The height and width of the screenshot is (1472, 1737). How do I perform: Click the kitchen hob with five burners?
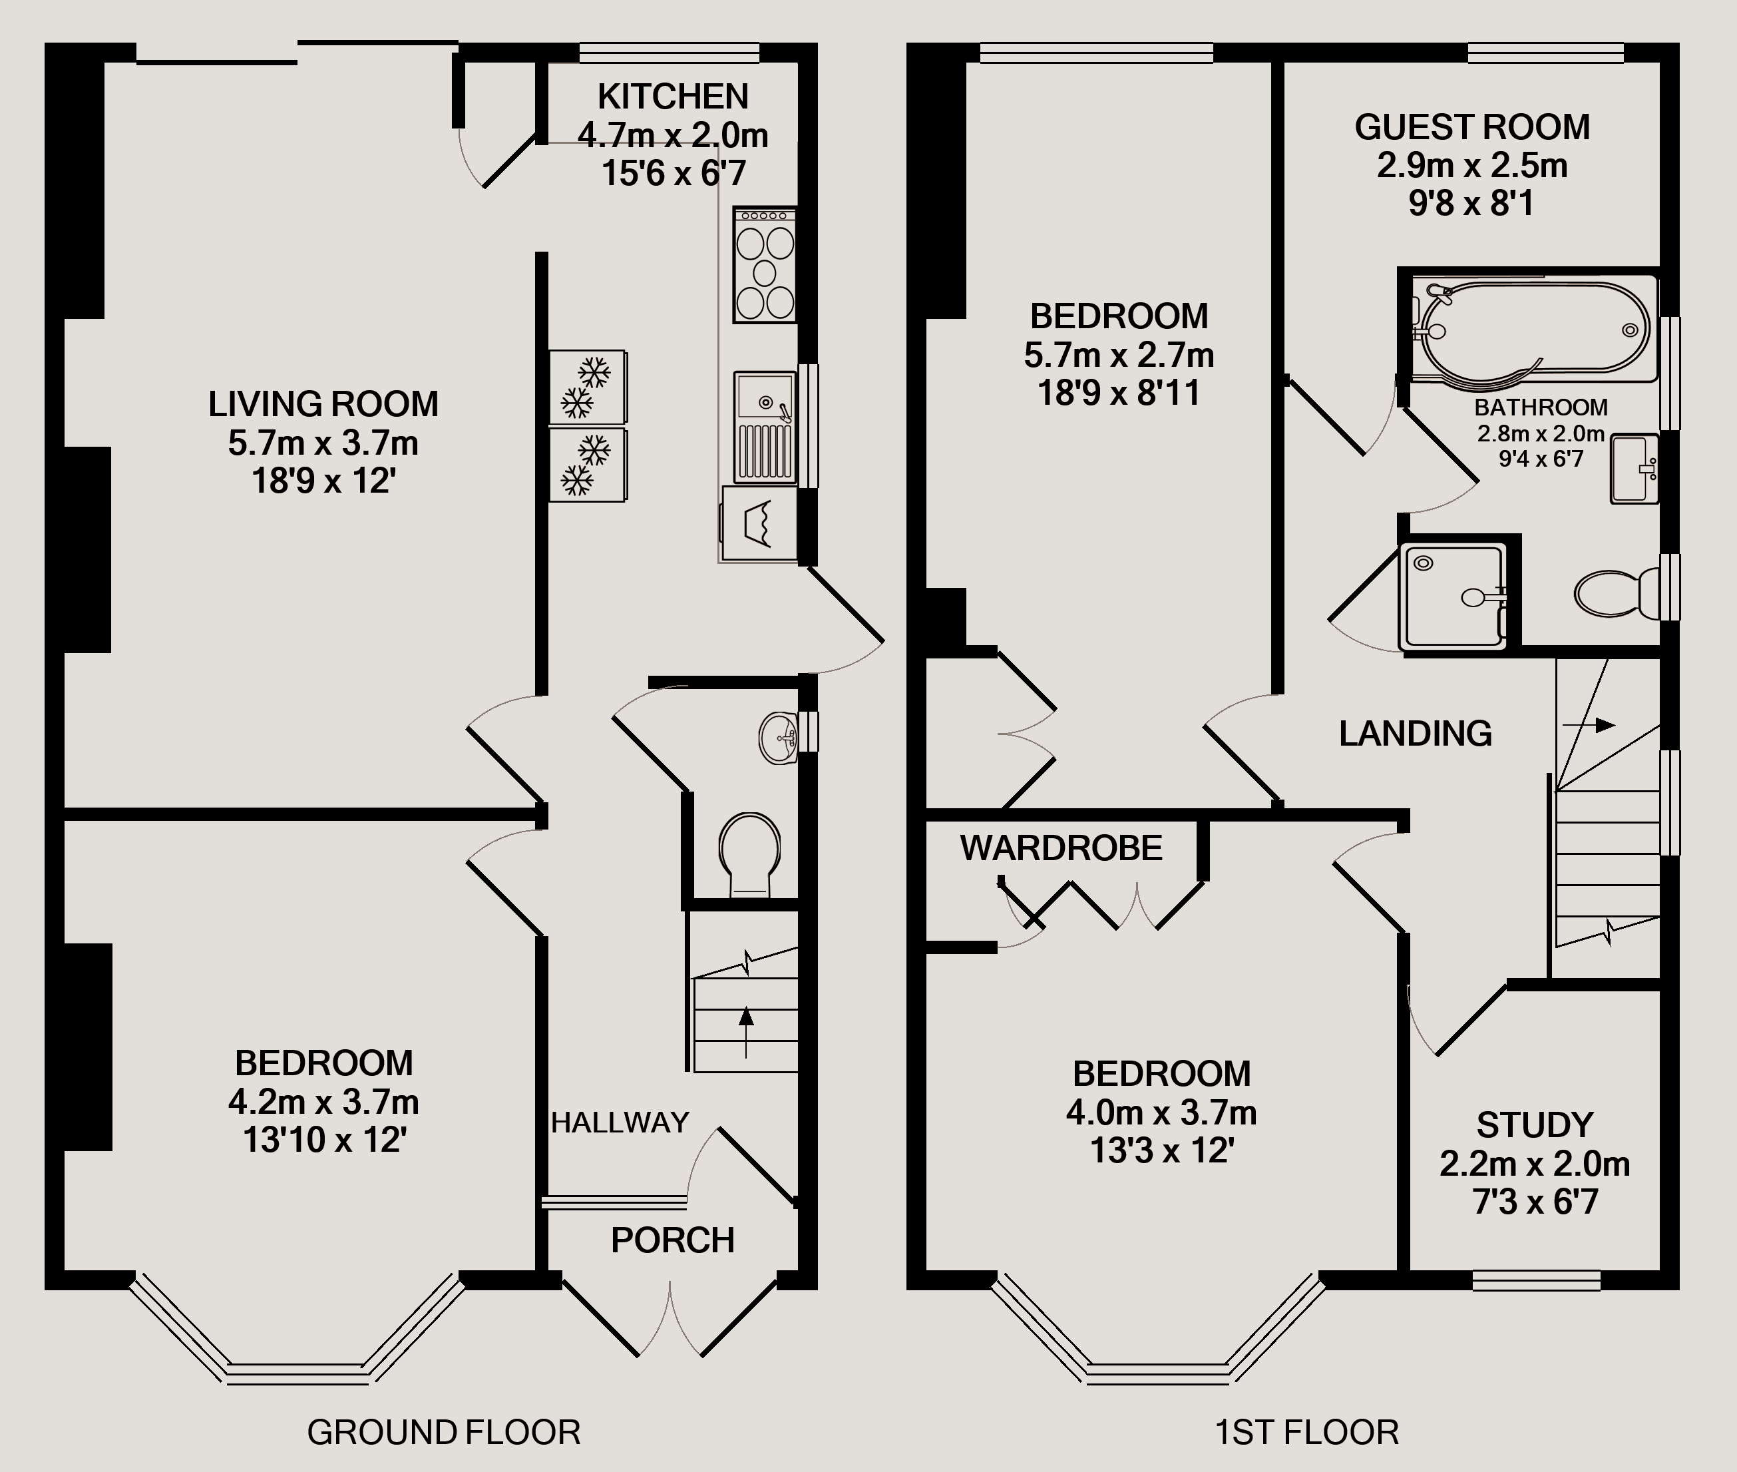click(x=764, y=266)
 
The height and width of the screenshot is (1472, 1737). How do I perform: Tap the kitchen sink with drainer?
click(x=764, y=427)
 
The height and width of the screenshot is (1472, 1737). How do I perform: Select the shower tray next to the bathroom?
click(x=1454, y=595)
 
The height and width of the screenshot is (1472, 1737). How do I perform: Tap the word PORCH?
click(x=672, y=1241)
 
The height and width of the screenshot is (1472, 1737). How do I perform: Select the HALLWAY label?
click(x=620, y=1123)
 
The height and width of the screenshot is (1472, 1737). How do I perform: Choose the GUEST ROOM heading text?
click(x=1471, y=128)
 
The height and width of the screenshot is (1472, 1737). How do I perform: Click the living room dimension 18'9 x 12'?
click(x=323, y=481)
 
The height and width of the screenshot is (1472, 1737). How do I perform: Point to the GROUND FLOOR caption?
click(x=443, y=1433)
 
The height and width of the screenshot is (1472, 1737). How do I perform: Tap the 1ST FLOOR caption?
click(x=1306, y=1433)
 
